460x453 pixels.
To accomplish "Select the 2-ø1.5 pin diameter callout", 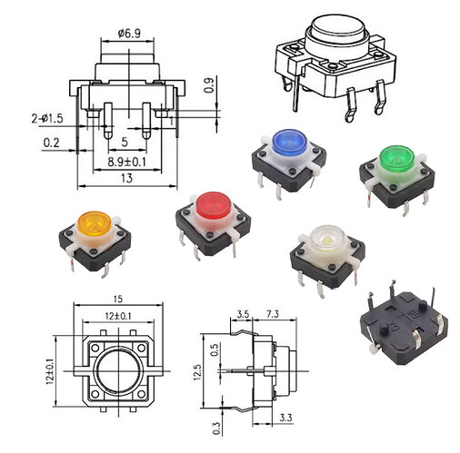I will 46,119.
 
